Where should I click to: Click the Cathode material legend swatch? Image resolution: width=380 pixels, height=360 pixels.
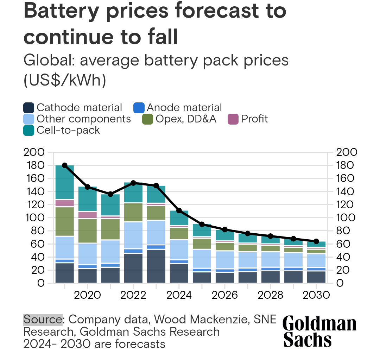pyautogui.click(x=28, y=108)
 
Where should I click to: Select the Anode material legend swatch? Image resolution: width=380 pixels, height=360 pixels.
pyautogui.click(x=139, y=108)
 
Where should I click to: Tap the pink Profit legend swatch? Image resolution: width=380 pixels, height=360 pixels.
pyautogui.click(x=233, y=119)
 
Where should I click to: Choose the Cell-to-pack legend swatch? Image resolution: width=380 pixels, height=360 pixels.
pyautogui.click(x=28, y=130)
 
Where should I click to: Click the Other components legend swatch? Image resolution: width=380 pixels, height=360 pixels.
pyautogui.click(x=28, y=119)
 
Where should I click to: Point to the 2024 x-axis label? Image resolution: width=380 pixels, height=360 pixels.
pyautogui.click(x=179, y=295)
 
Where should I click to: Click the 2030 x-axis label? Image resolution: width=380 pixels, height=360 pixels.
pyautogui.click(x=316, y=295)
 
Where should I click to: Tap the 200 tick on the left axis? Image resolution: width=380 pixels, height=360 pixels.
pyautogui.click(x=34, y=152)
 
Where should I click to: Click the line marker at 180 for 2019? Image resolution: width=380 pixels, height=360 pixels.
pyautogui.click(x=65, y=165)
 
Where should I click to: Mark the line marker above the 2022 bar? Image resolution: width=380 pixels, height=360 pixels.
pyautogui.click(x=133, y=183)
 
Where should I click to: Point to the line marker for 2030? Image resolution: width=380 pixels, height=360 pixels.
pyautogui.click(x=316, y=241)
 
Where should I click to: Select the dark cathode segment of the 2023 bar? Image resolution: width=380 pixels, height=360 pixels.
pyautogui.click(x=156, y=266)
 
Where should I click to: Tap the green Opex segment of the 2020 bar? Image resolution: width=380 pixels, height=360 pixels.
pyautogui.click(x=88, y=231)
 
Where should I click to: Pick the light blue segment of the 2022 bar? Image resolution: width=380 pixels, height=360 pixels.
pyautogui.click(x=133, y=235)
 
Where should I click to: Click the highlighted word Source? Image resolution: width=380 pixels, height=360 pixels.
pyautogui.click(x=43, y=320)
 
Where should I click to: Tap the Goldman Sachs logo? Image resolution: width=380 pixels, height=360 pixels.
pyautogui.click(x=319, y=331)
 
